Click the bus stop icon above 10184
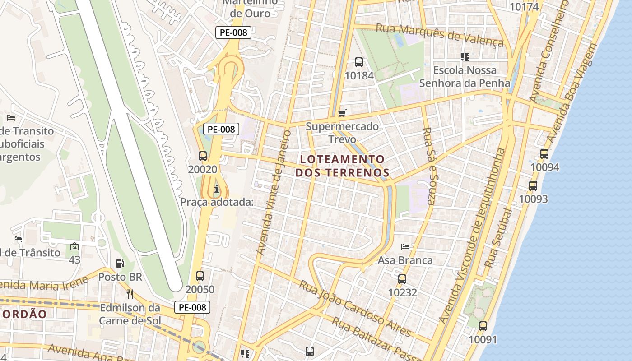tap(359, 62)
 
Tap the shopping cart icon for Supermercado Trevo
tap(343, 113)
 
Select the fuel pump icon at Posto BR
tap(120, 263)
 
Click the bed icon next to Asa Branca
tap(405, 247)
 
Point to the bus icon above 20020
tap(203, 156)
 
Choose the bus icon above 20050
tap(200, 276)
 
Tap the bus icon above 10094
tap(544, 154)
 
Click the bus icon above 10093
tap(533, 185)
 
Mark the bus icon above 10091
tap(483, 326)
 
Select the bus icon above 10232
tap(402, 279)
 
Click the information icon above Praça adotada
tap(217, 188)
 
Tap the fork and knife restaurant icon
tap(130, 294)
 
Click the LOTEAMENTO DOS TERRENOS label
tap(342, 166)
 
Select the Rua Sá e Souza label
tap(428, 166)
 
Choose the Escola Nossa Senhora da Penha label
tap(465, 77)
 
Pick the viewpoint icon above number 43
tap(74, 247)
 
